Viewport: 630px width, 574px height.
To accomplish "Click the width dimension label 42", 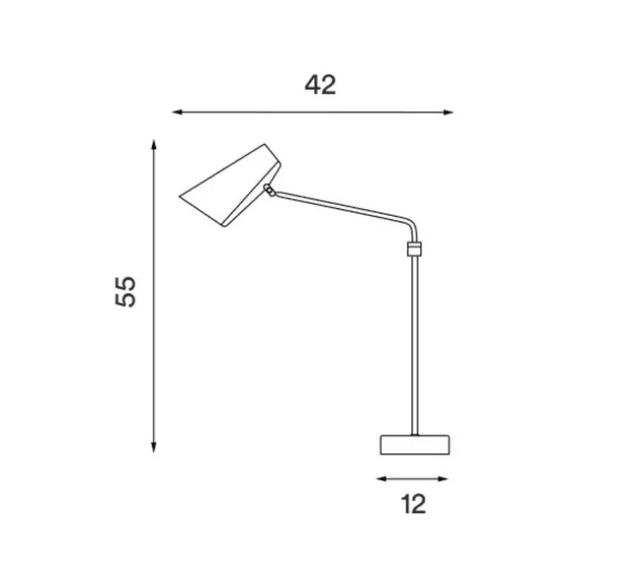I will [x=320, y=85].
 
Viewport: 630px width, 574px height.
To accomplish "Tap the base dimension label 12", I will [x=412, y=505].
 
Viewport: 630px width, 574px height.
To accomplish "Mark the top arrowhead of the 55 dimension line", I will [x=153, y=145].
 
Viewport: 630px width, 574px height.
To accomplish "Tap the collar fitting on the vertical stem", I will [x=414, y=248].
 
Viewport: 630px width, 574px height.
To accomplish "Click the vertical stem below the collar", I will [x=414, y=347].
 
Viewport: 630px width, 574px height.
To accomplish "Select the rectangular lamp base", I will [x=414, y=444].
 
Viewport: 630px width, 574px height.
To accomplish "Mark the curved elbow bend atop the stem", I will [x=411, y=224].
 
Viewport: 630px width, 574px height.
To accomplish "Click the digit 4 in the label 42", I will [x=312, y=85].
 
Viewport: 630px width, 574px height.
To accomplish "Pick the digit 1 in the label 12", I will [x=405, y=505].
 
